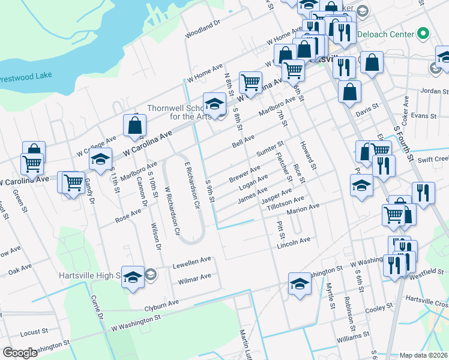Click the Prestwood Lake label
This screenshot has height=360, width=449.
(26, 77)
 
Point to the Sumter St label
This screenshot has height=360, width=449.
(270, 148)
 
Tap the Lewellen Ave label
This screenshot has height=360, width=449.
(192, 261)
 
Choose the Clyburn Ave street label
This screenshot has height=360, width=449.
(162, 305)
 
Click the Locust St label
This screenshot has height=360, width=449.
(34, 331)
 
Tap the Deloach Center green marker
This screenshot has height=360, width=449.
(423, 34)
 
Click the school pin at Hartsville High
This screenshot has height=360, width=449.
(133, 277)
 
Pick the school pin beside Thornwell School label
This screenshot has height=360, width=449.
(214, 104)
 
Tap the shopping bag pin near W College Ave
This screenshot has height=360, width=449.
(134, 125)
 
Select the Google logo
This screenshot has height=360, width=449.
(20, 353)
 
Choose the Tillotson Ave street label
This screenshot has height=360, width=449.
(286, 201)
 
